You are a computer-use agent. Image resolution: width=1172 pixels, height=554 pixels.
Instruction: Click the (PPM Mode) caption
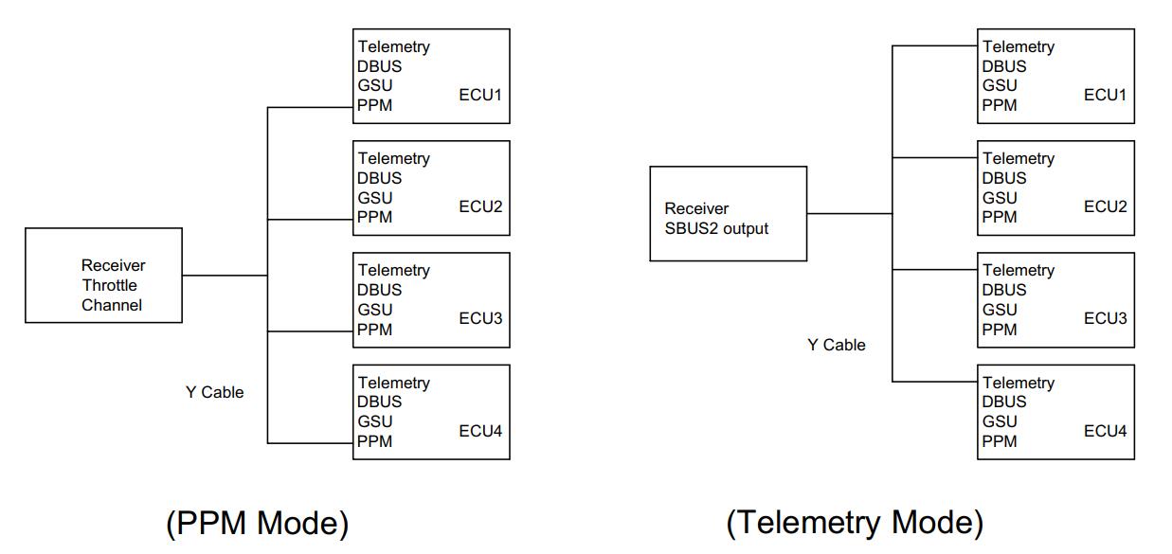(257, 523)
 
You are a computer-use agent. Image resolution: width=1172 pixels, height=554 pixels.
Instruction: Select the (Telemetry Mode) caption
(855, 523)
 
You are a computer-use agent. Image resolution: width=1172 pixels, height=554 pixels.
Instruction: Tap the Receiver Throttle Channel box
(103, 276)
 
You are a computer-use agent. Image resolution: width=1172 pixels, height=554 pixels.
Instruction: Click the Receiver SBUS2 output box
(728, 214)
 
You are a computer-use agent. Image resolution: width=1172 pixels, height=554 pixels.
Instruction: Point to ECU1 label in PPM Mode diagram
(480, 95)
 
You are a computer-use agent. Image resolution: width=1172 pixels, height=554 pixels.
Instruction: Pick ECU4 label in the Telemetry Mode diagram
(1105, 431)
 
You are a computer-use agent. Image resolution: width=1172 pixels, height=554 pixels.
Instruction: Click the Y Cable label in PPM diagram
(214, 392)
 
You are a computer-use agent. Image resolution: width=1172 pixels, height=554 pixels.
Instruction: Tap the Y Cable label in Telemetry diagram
(836, 345)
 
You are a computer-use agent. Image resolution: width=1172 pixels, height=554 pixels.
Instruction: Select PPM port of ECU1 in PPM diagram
(374, 105)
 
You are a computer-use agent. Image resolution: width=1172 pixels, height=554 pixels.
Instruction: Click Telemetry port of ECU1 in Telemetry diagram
(1018, 46)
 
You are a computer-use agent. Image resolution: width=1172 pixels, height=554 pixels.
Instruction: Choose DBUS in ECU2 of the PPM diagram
(379, 178)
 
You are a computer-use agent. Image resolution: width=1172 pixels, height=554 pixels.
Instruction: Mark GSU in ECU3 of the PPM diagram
(374, 310)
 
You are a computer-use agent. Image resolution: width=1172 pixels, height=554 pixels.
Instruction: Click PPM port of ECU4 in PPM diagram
(374, 441)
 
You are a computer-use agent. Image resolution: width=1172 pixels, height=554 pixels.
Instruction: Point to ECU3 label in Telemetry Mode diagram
(1105, 318)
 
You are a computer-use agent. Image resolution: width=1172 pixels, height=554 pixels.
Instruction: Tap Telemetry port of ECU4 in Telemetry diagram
(1018, 383)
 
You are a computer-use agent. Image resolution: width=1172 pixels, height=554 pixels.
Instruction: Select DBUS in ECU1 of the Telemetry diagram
(1003, 66)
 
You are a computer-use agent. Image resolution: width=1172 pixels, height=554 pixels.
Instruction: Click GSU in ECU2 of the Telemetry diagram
(999, 198)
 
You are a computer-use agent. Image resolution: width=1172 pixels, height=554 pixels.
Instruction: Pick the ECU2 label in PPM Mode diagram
(480, 206)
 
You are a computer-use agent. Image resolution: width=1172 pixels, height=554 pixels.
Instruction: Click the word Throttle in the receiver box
(109, 285)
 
